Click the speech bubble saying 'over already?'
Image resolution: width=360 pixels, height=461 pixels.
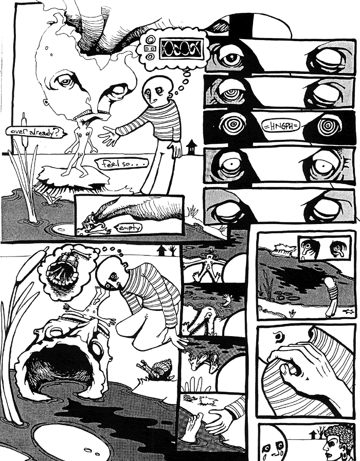tap(36, 132)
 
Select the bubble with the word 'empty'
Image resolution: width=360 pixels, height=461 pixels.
tap(128, 227)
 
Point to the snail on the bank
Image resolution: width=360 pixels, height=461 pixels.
tap(155, 370)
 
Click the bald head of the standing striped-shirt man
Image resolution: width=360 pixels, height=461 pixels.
tap(155, 89)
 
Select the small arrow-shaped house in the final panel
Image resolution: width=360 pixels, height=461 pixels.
tap(313, 435)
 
